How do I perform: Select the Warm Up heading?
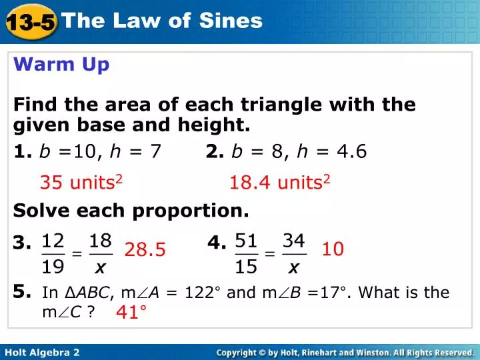pyautogui.click(x=61, y=65)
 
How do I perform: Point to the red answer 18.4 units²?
pyautogui.click(x=280, y=182)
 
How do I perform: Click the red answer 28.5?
pyautogui.click(x=145, y=250)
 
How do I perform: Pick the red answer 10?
pyautogui.click(x=333, y=249)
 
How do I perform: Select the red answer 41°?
pyautogui.click(x=131, y=312)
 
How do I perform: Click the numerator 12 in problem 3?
pyautogui.click(x=54, y=240)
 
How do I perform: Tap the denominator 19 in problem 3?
pyautogui.click(x=54, y=267)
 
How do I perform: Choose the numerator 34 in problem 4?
pyautogui.click(x=294, y=240)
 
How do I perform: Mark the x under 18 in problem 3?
pyautogui.click(x=101, y=268)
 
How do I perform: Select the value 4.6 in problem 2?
pyautogui.click(x=351, y=151)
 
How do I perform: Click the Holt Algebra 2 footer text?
pyautogui.click(x=42, y=351)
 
